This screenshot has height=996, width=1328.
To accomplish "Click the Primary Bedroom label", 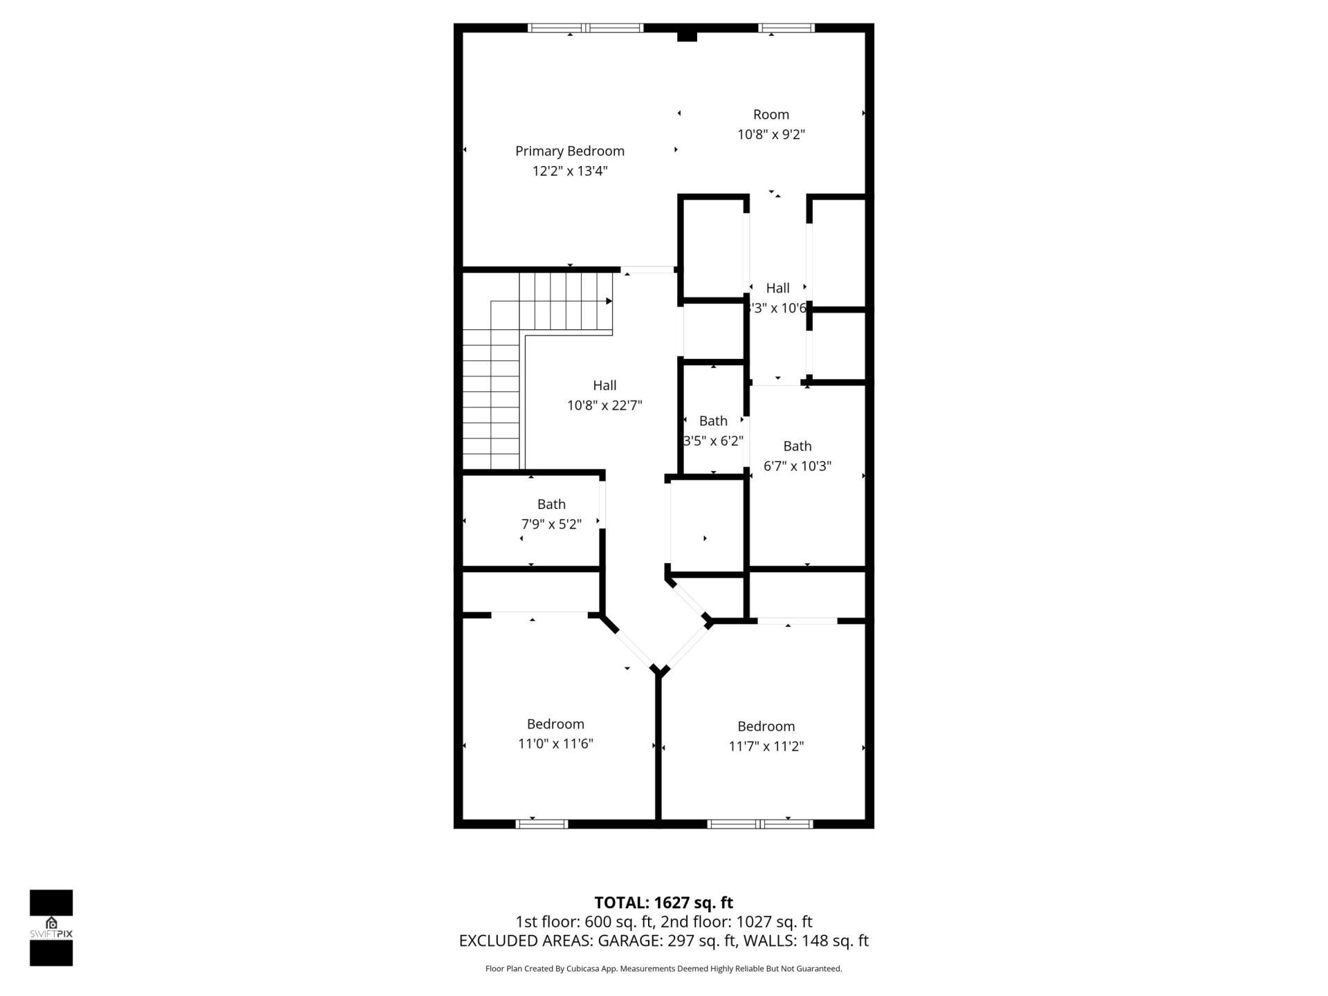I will point(569,151).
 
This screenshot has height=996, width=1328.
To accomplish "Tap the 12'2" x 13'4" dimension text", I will point(569,171).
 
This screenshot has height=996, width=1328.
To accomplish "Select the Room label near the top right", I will point(771,114).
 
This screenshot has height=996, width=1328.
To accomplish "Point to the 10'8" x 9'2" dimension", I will point(771,134).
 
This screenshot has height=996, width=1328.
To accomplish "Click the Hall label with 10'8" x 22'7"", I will point(604,385).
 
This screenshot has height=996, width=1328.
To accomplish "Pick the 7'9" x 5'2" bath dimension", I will point(551,524).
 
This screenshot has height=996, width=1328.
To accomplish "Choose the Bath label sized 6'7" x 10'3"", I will point(797,446).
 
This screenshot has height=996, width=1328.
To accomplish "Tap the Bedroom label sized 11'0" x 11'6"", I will point(555,723).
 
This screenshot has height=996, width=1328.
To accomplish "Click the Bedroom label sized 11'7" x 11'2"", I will point(766,726).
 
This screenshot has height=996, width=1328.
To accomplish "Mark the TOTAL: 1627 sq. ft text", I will point(663,903).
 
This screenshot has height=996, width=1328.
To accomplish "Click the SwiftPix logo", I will point(51,928).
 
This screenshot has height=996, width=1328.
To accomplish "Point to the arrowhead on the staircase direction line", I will point(609,301).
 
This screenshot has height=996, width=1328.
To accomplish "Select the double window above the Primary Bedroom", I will point(585,28).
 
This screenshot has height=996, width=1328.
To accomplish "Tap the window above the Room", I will point(786,28).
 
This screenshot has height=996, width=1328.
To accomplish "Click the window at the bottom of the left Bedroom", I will point(542,824).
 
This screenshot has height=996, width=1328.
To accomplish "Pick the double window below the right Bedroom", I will point(760,824).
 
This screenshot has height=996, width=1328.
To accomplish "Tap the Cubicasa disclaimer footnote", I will point(663,969).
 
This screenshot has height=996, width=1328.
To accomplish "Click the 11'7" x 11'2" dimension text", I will point(766,746).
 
